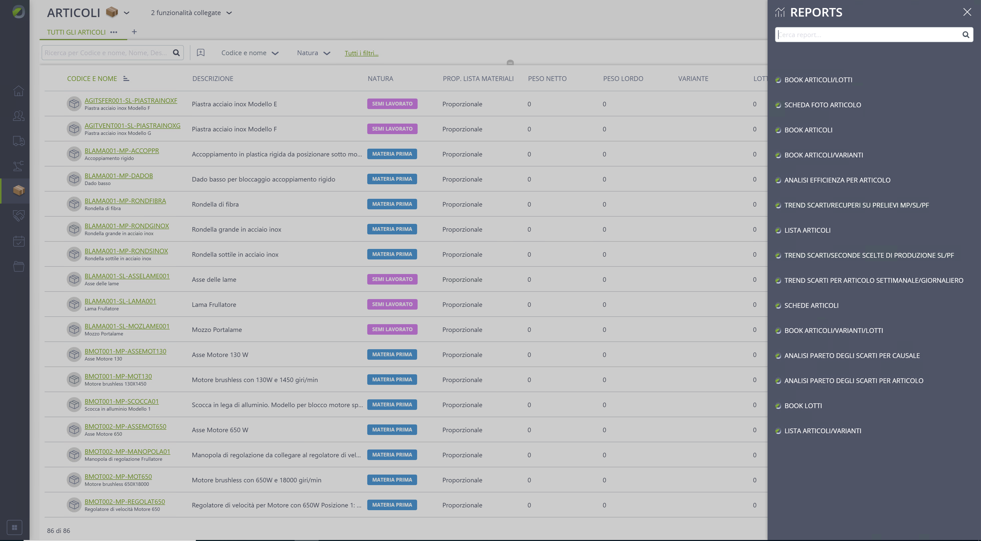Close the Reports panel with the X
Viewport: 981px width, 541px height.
pyautogui.click(x=967, y=12)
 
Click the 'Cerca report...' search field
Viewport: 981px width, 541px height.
pyautogui.click(x=868, y=35)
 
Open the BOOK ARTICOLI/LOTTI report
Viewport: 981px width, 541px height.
pyautogui.click(x=818, y=80)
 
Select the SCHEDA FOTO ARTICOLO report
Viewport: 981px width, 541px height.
pyautogui.click(x=823, y=105)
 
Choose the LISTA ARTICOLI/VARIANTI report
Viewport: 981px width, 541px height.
pyautogui.click(x=823, y=431)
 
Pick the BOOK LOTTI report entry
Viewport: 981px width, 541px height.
pyautogui.click(x=803, y=406)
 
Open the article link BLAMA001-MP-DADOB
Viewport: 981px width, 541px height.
pyautogui.click(x=118, y=176)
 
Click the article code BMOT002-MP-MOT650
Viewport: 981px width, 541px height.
pyautogui.click(x=118, y=477)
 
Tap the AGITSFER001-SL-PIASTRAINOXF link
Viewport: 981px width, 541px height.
pyautogui.click(x=131, y=101)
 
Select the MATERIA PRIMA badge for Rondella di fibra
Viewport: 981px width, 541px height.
pyautogui.click(x=392, y=204)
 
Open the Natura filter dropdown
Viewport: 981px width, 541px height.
pyautogui.click(x=313, y=53)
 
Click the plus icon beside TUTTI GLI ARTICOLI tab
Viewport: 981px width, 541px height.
pyautogui.click(x=134, y=32)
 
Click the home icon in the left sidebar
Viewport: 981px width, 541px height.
pyautogui.click(x=19, y=91)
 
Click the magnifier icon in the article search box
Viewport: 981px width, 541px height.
pyautogui.click(x=176, y=53)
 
